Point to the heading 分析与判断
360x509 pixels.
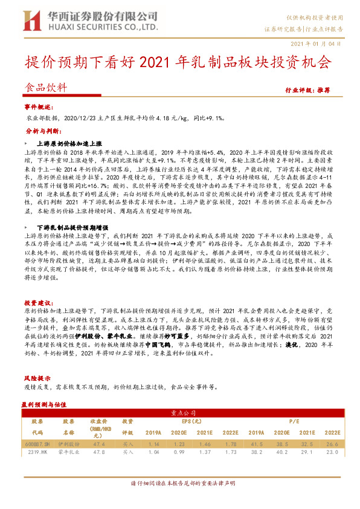pos(40,130)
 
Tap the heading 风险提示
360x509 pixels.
pos(37,375)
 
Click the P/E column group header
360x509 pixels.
pos(277,421)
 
